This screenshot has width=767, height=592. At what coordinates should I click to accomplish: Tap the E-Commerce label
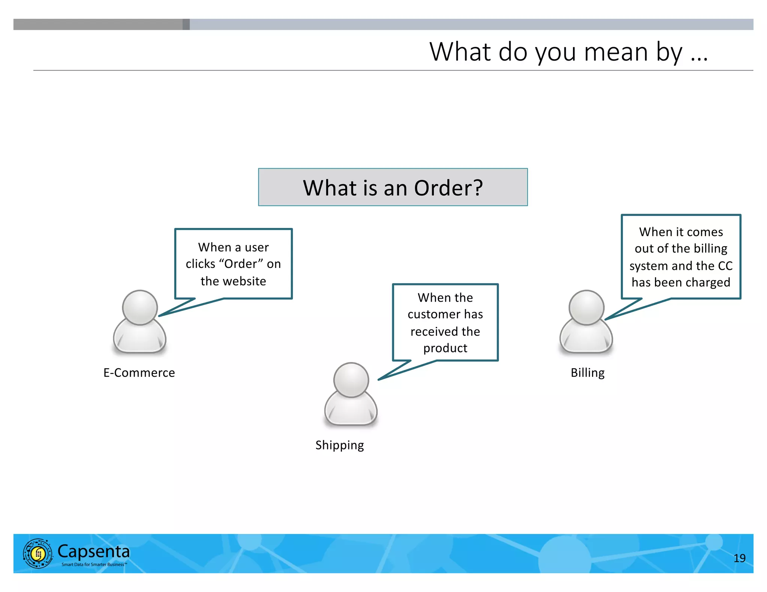(x=139, y=373)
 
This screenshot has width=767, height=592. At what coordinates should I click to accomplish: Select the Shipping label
(x=339, y=445)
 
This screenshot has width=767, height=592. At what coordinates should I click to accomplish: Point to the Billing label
(x=587, y=373)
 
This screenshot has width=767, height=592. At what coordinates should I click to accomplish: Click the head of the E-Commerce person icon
(x=140, y=307)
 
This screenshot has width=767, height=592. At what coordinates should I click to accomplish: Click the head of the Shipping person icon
(x=351, y=379)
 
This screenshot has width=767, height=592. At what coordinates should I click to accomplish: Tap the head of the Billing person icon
(x=586, y=307)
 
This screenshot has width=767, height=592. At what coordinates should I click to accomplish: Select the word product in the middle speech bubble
(x=445, y=348)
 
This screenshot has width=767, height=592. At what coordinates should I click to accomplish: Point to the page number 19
(x=739, y=558)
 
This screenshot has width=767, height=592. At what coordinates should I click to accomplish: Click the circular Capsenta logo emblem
(x=38, y=553)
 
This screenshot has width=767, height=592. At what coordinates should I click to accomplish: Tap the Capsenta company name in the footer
(x=94, y=551)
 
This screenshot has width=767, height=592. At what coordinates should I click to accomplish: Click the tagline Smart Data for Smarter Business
(x=94, y=564)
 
